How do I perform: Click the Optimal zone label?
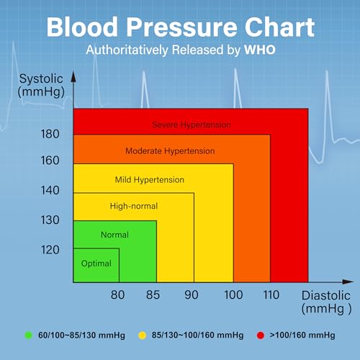(x=96, y=264)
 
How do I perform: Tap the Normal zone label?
(x=114, y=235)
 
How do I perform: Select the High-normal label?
(x=133, y=207)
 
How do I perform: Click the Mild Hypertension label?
(x=150, y=179)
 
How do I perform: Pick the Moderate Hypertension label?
(x=170, y=151)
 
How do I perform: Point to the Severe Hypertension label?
(x=191, y=125)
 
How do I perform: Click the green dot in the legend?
(x=29, y=336)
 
